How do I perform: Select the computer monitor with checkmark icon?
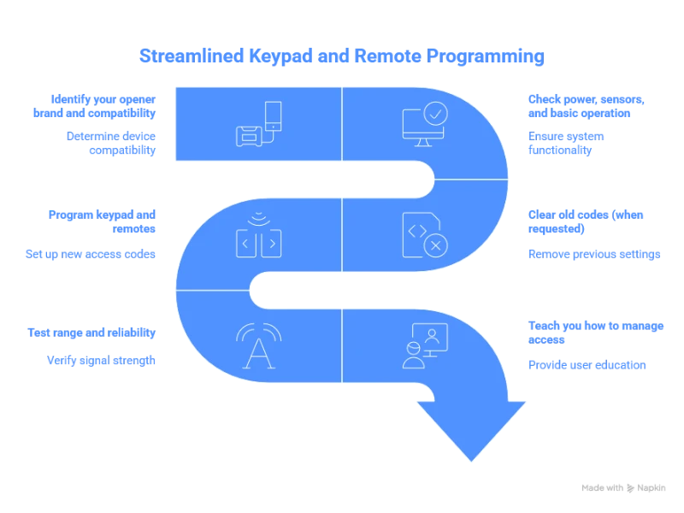tap(424, 125)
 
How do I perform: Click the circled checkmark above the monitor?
tap(434, 113)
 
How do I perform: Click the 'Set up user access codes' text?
tap(101, 252)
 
